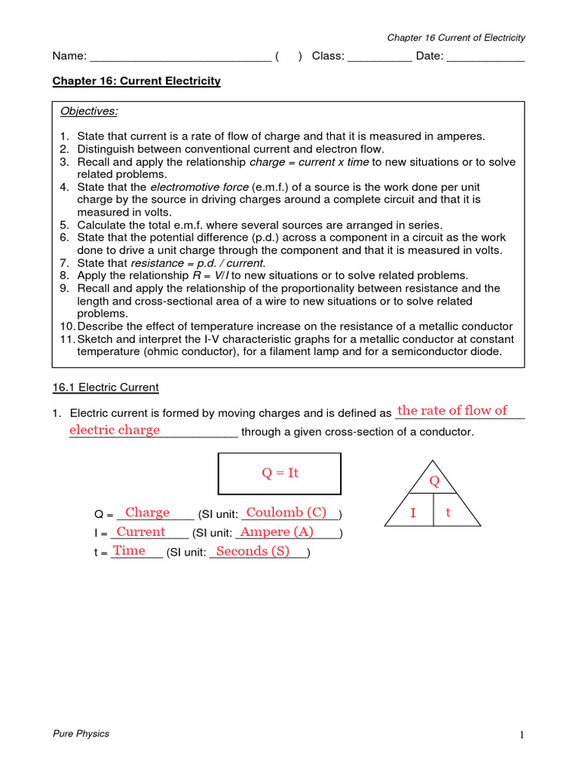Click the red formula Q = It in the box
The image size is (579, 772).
click(x=280, y=473)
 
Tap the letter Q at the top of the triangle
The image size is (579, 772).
click(x=433, y=481)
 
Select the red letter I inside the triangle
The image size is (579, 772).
click(x=412, y=513)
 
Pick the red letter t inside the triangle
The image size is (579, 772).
click(x=448, y=513)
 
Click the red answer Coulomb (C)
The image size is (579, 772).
click(x=286, y=513)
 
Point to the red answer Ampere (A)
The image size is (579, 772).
click(x=276, y=532)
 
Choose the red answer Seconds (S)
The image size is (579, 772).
click(x=253, y=551)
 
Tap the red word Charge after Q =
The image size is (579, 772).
click(x=147, y=513)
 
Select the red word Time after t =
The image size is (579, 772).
click(x=129, y=551)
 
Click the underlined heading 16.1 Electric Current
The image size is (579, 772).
click(x=105, y=388)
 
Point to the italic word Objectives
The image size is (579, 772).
click(x=89, y=112)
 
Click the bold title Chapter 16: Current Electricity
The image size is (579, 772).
click(x=136, y=81)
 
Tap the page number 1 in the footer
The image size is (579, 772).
click(x=520, y=736)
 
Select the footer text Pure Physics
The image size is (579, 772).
click(x=81, y=734)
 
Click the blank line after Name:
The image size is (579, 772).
click(x=180, y=59)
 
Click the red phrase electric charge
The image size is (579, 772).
click(x=115, y=430)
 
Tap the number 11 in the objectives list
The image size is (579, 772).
click(x=66, y=339)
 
